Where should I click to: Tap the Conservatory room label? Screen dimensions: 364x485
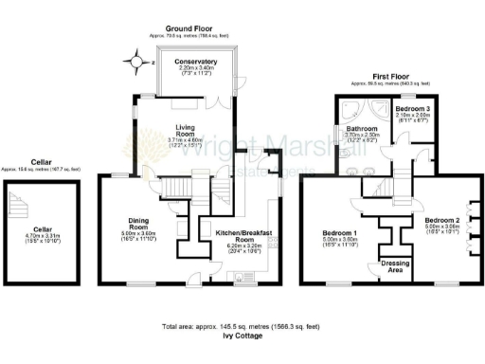coord(196,62)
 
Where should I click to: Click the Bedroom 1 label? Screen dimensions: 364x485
coord(339,232)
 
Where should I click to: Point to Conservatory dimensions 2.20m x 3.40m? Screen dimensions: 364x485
coord(196,70)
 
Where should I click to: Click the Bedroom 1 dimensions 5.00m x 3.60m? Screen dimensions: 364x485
coord(339,243)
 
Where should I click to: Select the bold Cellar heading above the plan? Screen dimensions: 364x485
coord(39,162)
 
